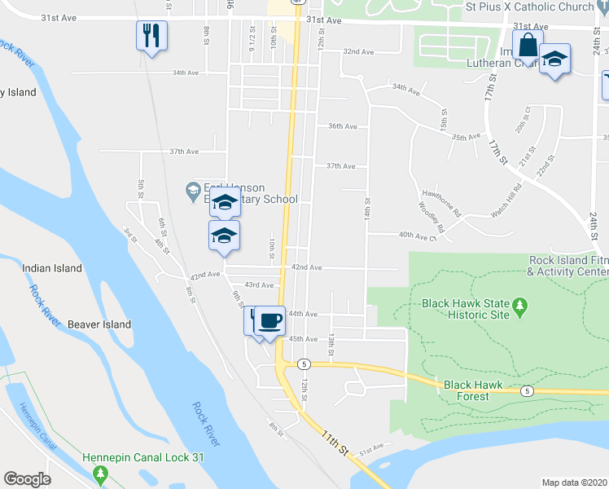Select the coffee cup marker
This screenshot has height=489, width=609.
click(x=269, y=319)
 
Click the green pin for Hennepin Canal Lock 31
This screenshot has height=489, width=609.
click(x=100, y=473)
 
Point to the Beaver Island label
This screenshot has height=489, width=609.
click(x=99, y=324)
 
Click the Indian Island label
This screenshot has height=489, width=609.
click(x=52, y=268)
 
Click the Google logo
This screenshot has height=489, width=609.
click(x=27, y=479)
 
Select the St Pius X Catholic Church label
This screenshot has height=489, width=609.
click(x=529, y=7)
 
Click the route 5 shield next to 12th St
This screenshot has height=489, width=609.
click(x=303, y=363)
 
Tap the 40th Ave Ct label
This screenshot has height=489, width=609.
click(x=418, y=236)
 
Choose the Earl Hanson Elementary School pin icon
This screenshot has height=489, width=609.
click(x=193, y=192)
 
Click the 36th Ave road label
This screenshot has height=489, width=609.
click(x=342, y=126)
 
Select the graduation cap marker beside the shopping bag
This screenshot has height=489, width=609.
click(x=555, y=59)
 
